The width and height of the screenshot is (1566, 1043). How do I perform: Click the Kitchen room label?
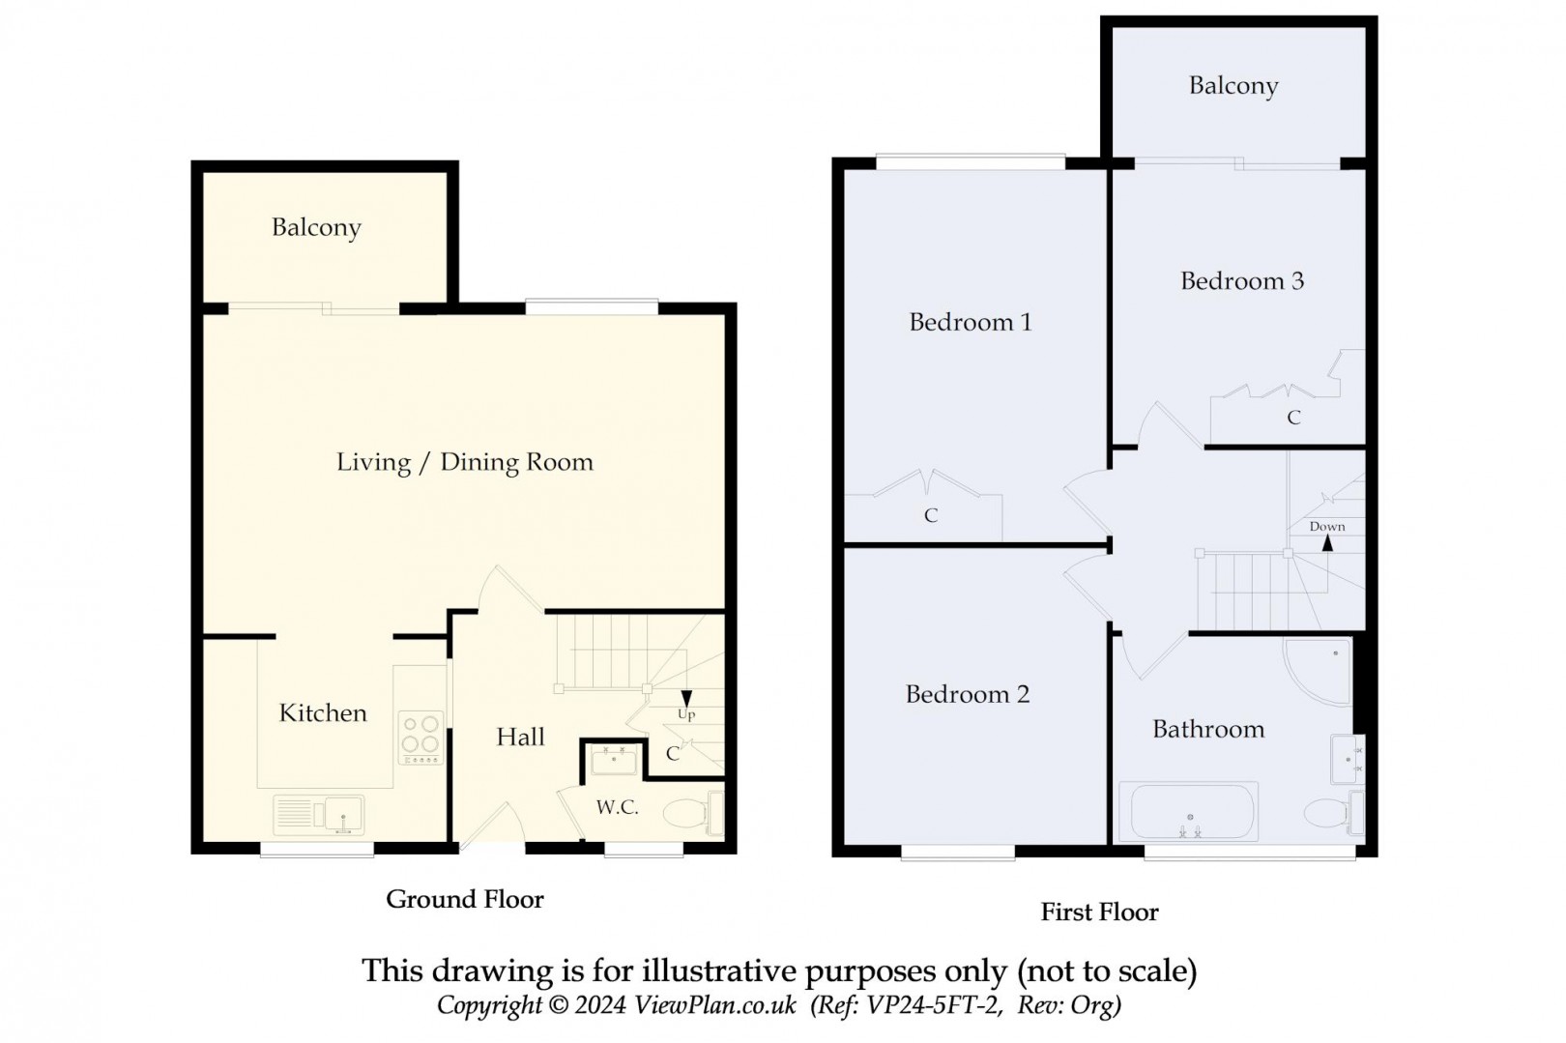[323, 713]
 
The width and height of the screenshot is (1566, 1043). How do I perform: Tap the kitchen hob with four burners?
[420, 738]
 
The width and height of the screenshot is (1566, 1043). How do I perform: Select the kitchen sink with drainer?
[319, 815]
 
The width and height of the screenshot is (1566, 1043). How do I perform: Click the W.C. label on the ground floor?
[618, 807]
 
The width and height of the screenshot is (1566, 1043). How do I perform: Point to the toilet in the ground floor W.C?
[692, 814]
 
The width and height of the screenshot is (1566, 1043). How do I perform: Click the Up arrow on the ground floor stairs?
[686, 698]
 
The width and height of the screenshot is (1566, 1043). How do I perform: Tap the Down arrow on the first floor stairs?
[1327, 542]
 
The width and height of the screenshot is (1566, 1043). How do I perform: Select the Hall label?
[520, 737]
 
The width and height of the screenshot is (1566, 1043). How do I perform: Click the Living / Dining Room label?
[465, 462]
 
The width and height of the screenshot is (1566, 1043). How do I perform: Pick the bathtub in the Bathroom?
[1188, 812]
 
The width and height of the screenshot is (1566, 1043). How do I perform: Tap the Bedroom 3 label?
[1242, 281]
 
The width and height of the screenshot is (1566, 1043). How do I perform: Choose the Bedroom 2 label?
[968, 694]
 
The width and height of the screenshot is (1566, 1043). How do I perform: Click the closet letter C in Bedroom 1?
[931, 516]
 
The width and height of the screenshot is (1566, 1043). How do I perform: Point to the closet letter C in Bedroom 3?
[1294, 418]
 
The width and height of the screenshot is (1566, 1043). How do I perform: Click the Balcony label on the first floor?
[1233, 86]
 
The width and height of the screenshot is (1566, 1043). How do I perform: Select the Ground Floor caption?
[465, 899]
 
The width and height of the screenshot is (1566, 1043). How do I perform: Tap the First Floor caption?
[1100, 913]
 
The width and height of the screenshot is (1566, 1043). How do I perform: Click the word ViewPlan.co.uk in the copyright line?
[714, 1005]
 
